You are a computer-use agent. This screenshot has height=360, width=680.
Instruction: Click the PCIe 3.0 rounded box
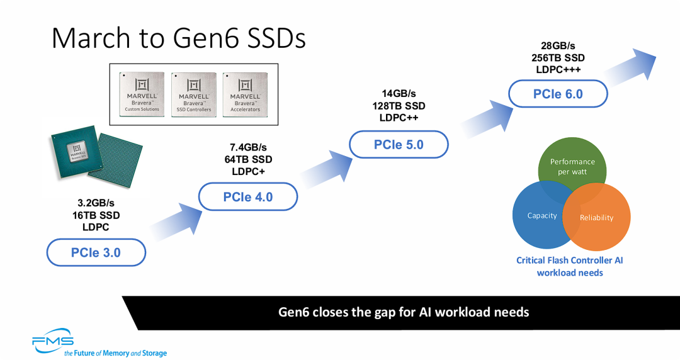(x=96, y=252)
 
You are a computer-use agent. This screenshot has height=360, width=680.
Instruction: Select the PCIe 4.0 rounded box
(x=248, y=197)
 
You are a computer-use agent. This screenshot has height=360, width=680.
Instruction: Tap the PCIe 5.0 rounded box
(x=399, y=145)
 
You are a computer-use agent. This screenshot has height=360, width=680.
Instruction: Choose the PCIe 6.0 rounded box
(x=558, y=94)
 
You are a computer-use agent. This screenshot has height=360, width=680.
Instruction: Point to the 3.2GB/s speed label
(x=96, y=203)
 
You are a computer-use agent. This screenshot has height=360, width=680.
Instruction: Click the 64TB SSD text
(x=248, y=159)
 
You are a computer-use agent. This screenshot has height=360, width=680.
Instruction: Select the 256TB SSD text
(x=558, y=57)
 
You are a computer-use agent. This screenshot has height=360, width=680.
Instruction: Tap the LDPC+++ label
(x=558, y=69)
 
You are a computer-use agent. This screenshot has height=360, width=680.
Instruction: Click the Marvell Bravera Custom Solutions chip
(x=142, y=94)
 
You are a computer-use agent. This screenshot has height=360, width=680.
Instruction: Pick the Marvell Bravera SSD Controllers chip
(x=194, y=94)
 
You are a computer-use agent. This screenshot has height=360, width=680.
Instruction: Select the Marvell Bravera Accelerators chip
(x=245, y=94)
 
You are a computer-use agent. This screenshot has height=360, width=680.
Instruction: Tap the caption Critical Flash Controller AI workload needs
(x=570, y=266)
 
